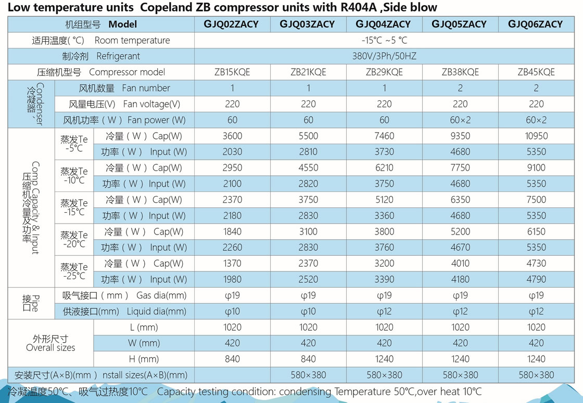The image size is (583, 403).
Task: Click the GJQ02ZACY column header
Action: (x=233, y=24)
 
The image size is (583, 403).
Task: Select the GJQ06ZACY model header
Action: (x=536, y=24)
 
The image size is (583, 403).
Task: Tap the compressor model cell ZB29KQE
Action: (x=384, y=72)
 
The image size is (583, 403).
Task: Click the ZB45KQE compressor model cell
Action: (x=536, y=72)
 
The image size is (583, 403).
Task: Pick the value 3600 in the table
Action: (x=232, y=136)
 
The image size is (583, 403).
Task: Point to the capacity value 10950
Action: (x=536, y=136)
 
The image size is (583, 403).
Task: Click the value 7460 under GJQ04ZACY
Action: (x=384, y=136)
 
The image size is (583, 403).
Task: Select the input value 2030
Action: (x=232, y=152)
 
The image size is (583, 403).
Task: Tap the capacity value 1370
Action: (x=232, y=263)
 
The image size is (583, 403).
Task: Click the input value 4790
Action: (x=536, y=279)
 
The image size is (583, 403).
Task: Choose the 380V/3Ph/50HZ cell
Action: (x=384, y=56)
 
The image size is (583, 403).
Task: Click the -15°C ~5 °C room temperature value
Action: (x=384, y=40)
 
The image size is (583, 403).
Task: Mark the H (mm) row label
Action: (x=144, y=359)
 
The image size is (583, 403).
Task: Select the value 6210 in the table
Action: (x=384, y=167)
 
